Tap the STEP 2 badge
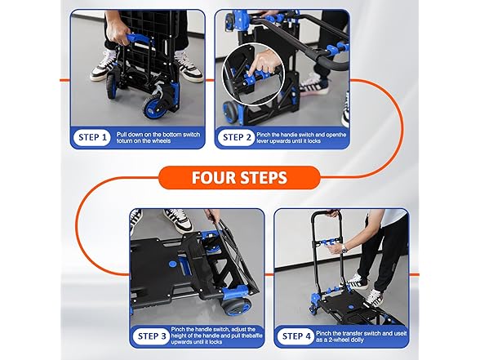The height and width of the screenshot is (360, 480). tap(236, 137)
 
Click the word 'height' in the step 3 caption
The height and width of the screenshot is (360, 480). tap(195, 336)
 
